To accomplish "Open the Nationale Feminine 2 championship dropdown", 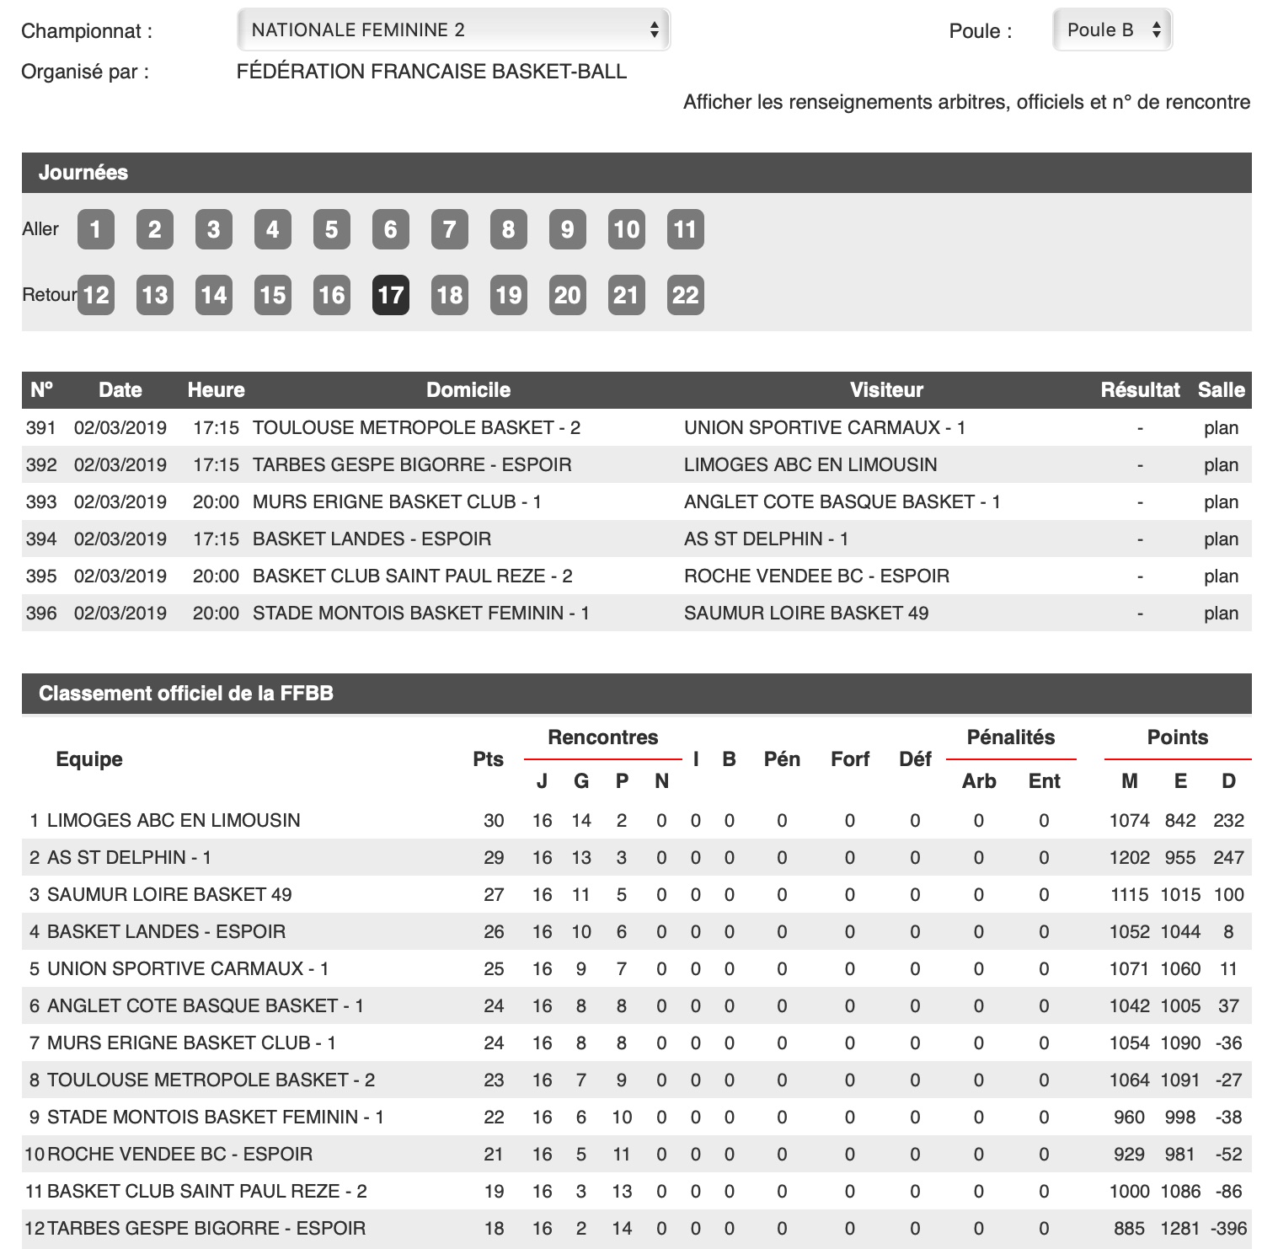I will click(453, 30).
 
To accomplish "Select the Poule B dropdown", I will click(1112, 30).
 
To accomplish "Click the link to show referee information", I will click(966, 103).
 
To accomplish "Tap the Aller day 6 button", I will click(390, 229).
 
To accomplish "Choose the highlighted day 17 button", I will click(390, 295).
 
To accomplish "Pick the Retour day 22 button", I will click(685, 295).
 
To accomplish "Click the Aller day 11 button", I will click(685, 229).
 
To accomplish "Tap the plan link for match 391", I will click(1221, 428).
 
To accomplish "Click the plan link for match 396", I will click(1221, 614).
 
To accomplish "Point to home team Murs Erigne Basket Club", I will click(397, 502).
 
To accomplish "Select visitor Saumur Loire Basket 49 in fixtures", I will click(806, 614).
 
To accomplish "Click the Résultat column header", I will click(1140, 390).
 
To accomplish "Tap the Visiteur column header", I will click(886, 390).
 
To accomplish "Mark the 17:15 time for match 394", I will click(216, 539).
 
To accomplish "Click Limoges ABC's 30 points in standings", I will click(494, 821).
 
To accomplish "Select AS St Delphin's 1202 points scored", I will click(1129, 858).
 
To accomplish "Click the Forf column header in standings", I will click(849, 759).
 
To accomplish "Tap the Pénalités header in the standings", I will click(1011, 737).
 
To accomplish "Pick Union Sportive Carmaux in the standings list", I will click(188, 969).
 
